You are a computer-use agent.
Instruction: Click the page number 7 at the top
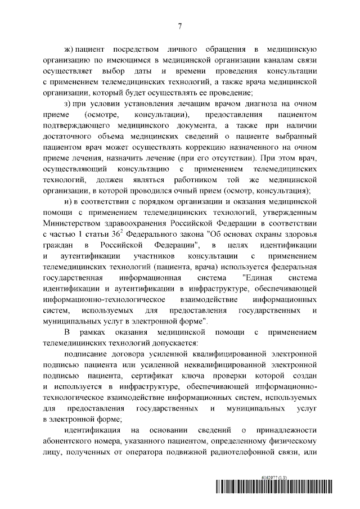pos(179,25)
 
